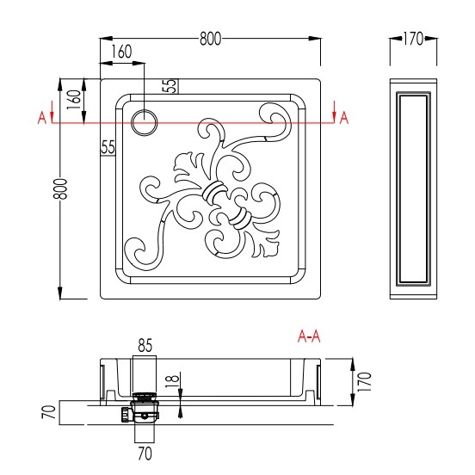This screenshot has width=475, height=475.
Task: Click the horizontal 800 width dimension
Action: (210, 39)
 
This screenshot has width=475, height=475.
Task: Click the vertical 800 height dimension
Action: (60, 188)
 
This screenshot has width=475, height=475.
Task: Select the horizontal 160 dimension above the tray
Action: (121, 52)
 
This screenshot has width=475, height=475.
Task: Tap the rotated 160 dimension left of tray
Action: (74, 100)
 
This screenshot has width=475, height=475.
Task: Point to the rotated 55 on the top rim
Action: (170, 86)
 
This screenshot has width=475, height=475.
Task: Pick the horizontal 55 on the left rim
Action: (108, 147)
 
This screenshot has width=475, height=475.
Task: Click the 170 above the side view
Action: (413, 39)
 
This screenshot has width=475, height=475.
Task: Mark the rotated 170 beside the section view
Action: (364, 382)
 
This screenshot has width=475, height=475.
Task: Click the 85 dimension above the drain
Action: (145, 345)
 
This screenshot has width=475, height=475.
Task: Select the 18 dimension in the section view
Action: (172, 381)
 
